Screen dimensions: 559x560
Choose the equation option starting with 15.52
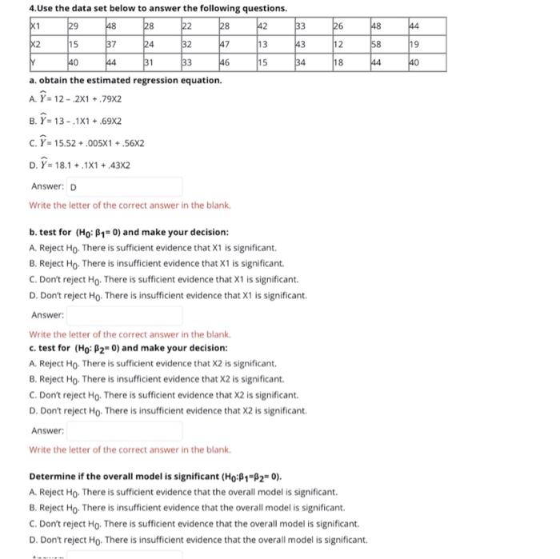pos(87,144)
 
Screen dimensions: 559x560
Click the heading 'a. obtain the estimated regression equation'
pos(125,82)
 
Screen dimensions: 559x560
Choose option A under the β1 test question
pos(152,248)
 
